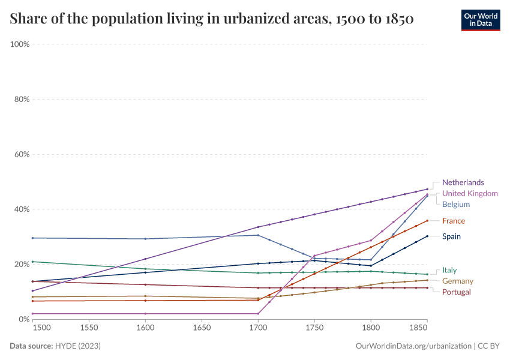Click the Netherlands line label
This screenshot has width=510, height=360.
coord(463,182)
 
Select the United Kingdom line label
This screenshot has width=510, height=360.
coord(470,193)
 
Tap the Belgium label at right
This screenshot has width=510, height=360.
coord(456,205)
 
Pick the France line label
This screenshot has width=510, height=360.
coord(454,221)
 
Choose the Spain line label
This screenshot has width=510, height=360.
coord(451,236)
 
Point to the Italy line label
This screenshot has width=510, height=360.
coord(449,270)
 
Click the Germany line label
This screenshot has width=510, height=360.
coord(458,281)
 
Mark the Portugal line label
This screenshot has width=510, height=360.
coord(457,292)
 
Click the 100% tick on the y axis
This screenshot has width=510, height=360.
coord(20,44)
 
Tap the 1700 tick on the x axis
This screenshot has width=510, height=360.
coord(258,328)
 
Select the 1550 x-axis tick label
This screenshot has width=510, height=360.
coord(89,328)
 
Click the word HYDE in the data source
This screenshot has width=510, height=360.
coord(67,346)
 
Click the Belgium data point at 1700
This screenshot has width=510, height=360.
coord(258,235)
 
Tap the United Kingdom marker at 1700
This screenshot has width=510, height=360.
coord(258,313)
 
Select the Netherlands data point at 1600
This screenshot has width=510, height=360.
coord(145,259)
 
